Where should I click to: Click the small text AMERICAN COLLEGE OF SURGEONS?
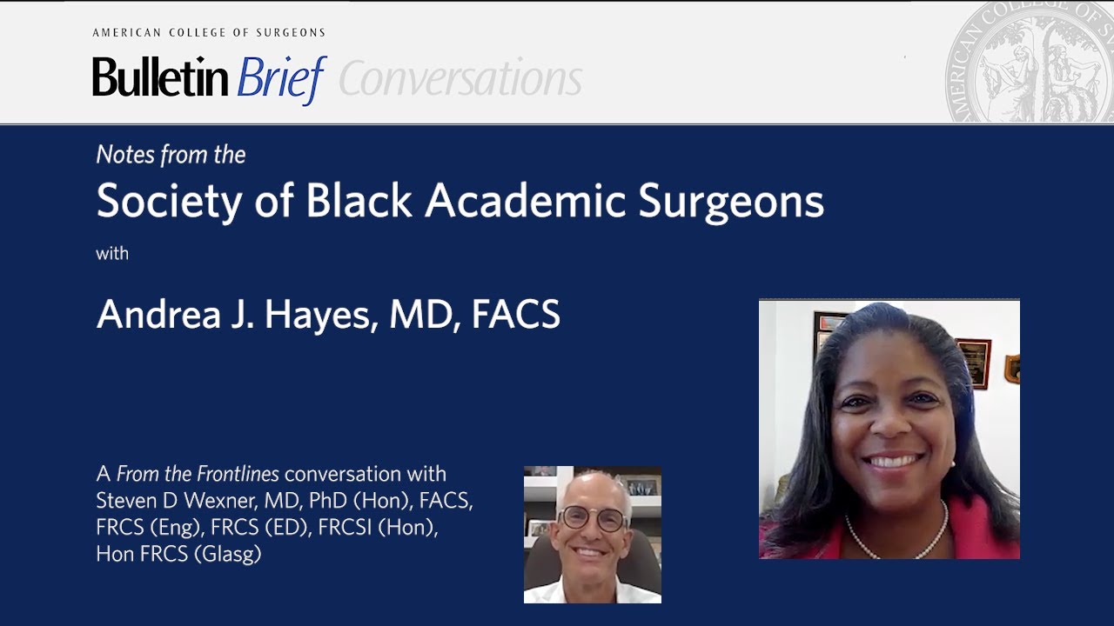[209, 33]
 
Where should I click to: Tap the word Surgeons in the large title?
[731, 202]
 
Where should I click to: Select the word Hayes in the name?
[318, 315]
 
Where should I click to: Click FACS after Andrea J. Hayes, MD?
[515, 315]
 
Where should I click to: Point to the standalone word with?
[112, 254]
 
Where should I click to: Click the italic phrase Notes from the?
[171, 155]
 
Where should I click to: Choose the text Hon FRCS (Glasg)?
[178, 554]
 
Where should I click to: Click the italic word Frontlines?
[236, 474]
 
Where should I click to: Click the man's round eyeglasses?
[593, 519]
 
